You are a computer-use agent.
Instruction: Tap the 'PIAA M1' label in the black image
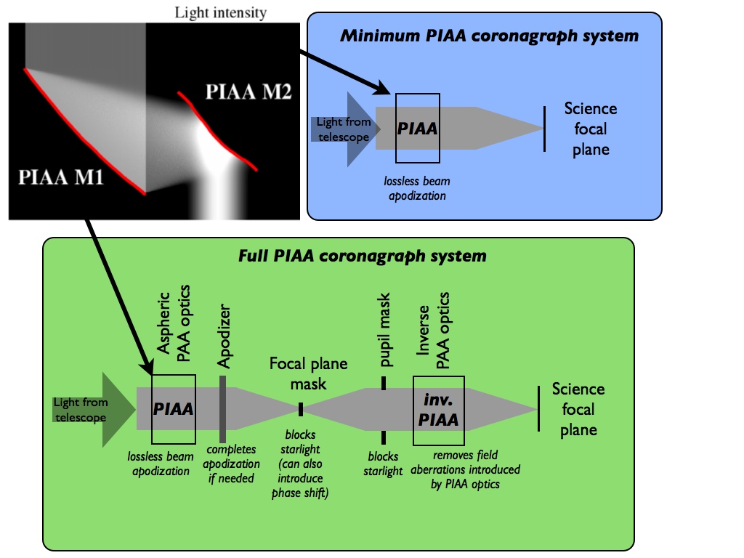click(60, 177)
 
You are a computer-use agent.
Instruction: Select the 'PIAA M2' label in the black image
click(248, 93)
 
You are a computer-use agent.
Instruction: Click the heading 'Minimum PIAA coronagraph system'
click(489, 36)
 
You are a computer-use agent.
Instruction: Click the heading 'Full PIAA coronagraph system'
click(362, 256)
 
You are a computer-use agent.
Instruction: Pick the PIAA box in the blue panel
click(417, 129)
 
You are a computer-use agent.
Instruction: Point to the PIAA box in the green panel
click(173, 409)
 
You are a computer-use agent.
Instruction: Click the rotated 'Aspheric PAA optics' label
click(172, 327)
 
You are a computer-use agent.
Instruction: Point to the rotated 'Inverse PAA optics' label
click(434, 331)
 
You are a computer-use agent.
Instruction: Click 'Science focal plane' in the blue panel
click(590, 129)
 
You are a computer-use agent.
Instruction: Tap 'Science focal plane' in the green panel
click(578, 409)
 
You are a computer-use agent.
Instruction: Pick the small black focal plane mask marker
click(299, 410)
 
